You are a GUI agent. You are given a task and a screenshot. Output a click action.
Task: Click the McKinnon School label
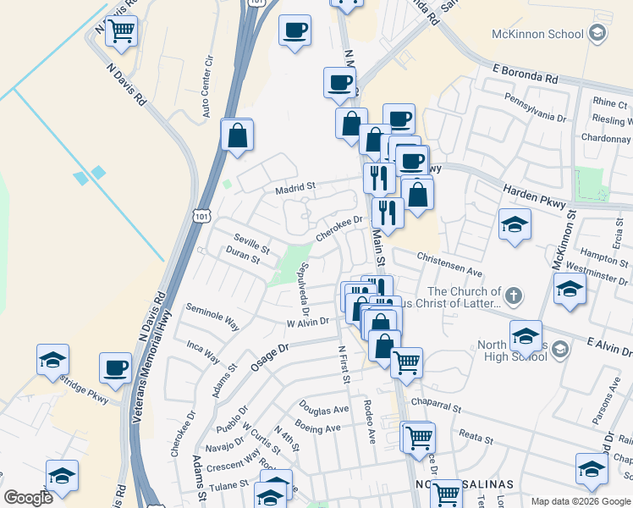(x=537, y=34)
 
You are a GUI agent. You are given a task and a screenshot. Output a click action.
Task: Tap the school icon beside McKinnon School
(x=597, y=34)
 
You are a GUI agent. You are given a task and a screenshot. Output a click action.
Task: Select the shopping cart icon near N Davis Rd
(x=121, y=31)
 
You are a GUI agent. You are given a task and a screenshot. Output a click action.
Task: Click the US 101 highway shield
(x=201, y=217)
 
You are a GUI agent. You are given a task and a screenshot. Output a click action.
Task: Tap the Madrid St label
(x=294, y=186)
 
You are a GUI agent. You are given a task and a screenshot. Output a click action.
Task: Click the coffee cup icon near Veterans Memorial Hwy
(x=115, y=367)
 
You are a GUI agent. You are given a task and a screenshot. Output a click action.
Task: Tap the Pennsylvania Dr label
(x=535, y=116)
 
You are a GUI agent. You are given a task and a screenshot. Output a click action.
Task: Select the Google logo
(x=28, y=498)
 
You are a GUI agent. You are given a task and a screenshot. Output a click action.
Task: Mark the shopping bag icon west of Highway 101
(x=238, y=135)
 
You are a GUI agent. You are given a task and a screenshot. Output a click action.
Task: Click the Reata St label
(x=475, y=439)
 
